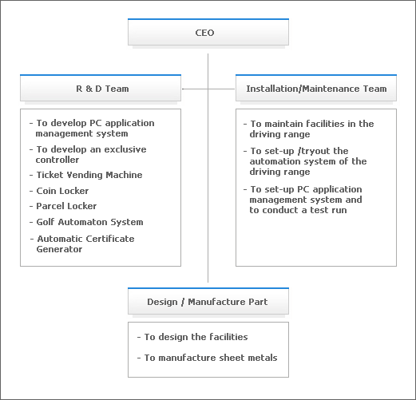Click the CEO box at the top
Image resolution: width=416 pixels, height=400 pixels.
(208, 32)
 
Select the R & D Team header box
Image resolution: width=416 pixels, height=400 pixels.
(101, 88)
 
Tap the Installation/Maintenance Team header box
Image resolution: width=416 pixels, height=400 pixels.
(316, 88)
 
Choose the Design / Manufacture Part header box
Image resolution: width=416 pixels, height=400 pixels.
(208, 301)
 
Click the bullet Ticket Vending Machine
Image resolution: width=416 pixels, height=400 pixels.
(86, 175)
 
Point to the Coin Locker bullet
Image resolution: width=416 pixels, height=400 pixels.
(59, 191)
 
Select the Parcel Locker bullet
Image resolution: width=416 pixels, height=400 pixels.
(63, 206)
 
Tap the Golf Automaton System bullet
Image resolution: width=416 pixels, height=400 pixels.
(86, 222)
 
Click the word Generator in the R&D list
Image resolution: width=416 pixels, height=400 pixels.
(59, 249)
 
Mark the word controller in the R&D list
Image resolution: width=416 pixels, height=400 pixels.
(57, 160)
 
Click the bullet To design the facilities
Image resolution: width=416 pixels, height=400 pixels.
(192, 337)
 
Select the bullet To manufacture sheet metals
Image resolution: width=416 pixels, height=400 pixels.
(208, 358)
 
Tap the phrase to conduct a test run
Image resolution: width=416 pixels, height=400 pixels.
(298, 210)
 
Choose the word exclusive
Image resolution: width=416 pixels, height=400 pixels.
(125, 149)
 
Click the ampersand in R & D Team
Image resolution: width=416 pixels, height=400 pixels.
(89, 89)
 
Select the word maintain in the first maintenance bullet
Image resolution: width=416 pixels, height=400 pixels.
(283, 124)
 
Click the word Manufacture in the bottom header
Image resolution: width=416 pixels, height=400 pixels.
(216, 302)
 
